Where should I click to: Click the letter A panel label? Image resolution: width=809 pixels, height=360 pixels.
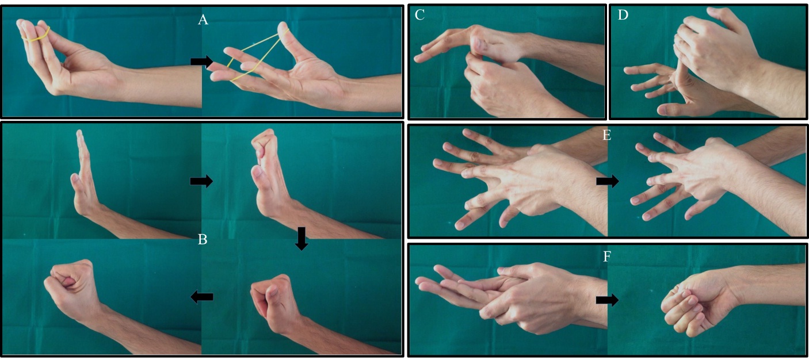click(x=203, y=21)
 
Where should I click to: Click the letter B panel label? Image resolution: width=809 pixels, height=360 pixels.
click(x=203, y=240)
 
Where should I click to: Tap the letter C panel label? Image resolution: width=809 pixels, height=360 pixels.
click(x=419, y=16)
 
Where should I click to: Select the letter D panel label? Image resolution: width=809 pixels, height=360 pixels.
click(x=622, y=16)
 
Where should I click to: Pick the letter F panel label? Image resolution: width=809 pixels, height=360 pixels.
click(x=606, y=256)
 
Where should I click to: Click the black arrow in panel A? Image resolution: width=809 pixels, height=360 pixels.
click(x=201, y=62)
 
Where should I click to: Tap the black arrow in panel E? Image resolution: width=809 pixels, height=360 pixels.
click(x=607, y=182)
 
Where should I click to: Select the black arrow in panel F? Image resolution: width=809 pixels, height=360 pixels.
click(x=607, y=300)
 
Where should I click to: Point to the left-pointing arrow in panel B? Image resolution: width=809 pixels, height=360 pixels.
click(x=201, y=297)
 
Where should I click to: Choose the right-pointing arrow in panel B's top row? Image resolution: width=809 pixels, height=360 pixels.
click(x=201, y=182)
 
